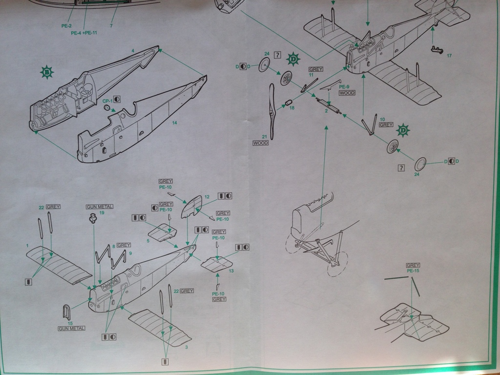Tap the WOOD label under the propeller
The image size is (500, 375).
(x=261, y=143)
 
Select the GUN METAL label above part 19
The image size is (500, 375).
(x=99, y=207)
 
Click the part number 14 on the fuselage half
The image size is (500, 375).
(x=174, y=123)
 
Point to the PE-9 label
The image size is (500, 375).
(x=345, y=86)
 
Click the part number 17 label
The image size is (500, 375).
(x=449, y=56)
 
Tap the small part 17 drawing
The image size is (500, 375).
(x=437, y=49)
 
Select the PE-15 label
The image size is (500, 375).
(x=413, y=271)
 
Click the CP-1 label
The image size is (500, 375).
(x=107, y=100)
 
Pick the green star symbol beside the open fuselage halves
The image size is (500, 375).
(x=46, y=73)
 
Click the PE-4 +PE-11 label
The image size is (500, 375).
(x=84, y=33)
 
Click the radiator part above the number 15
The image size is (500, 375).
(x=67, y=312)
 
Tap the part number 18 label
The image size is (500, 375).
(x=292, y=107)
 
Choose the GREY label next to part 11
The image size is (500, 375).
(x=316, y=69)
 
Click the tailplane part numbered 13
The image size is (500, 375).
(x=216, y=264)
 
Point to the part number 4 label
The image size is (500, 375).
(x=132, y=51)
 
